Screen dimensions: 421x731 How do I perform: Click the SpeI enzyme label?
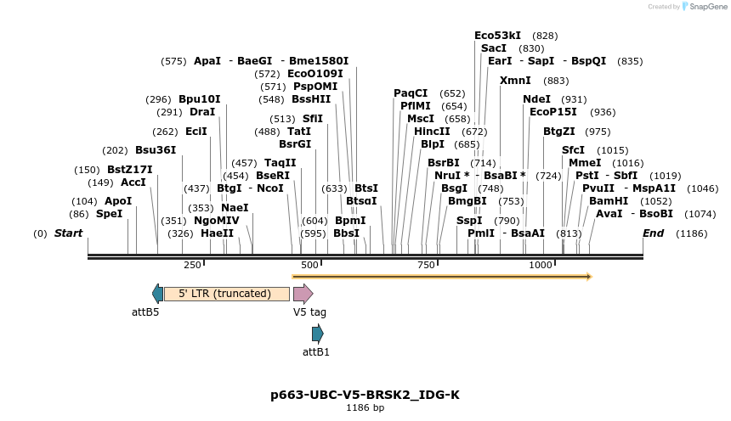click(x=109, y=214)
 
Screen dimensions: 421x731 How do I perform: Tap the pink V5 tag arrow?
click(x=303, y=294)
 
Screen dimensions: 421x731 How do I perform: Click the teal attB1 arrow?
click(x=317, y=334)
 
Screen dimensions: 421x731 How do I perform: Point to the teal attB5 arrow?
click(x=157, y=294)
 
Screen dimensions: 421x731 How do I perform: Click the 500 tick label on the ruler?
click(x=309, y=265)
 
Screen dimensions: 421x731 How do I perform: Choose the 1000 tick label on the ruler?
click(x=541, y=265)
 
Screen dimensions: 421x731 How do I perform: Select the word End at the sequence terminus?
click(x=654, y=233)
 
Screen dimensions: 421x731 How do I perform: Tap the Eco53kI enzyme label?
click(x=497, y=36)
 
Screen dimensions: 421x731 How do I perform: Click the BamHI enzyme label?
click(x=609, y=200)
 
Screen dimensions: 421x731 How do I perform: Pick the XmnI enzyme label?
click(x=515, y=80)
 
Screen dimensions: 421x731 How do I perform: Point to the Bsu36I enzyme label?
click(x=156, y=149)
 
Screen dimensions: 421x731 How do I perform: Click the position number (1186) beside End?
click(x=691, y=233)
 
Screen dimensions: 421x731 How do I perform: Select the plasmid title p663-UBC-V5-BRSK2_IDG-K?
click(x=365, y=394)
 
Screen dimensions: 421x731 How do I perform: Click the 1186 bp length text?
click(x=365, y=408)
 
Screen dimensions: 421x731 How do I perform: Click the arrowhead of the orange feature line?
click(x=587, y=276)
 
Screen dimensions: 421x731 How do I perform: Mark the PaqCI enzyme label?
click(x=411, y=93)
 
